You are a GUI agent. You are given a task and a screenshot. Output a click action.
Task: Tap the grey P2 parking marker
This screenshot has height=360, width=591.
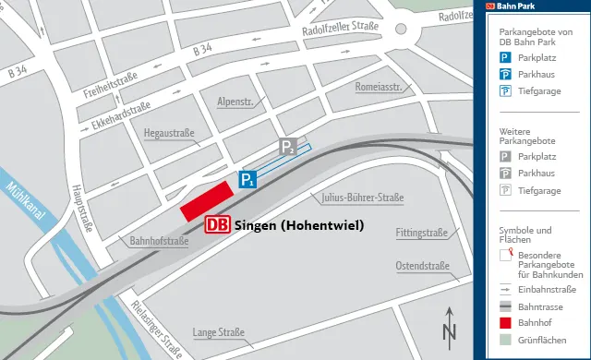click(x=288, y=148)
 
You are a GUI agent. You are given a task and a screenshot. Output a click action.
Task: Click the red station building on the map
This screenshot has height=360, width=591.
click(x=206, y=200)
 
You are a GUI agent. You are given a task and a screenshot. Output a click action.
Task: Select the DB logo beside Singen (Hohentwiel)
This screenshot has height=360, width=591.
click(x=218, y=224)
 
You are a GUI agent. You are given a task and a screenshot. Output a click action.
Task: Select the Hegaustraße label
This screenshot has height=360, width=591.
click(x=169, y=134)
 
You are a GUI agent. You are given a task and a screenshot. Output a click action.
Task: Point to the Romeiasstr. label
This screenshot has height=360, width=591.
click(x=377, y=87)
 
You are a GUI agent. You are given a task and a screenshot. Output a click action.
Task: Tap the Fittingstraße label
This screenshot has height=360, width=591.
click(x=421, y=233)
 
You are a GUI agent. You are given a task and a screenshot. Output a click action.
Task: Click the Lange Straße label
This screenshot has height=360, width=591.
click(x=218, y=332)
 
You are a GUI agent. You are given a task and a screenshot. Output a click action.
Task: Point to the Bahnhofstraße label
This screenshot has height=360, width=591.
click(x=159, y=241)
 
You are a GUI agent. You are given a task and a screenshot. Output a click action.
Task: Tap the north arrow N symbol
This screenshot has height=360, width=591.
click(x=449, y=327)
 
